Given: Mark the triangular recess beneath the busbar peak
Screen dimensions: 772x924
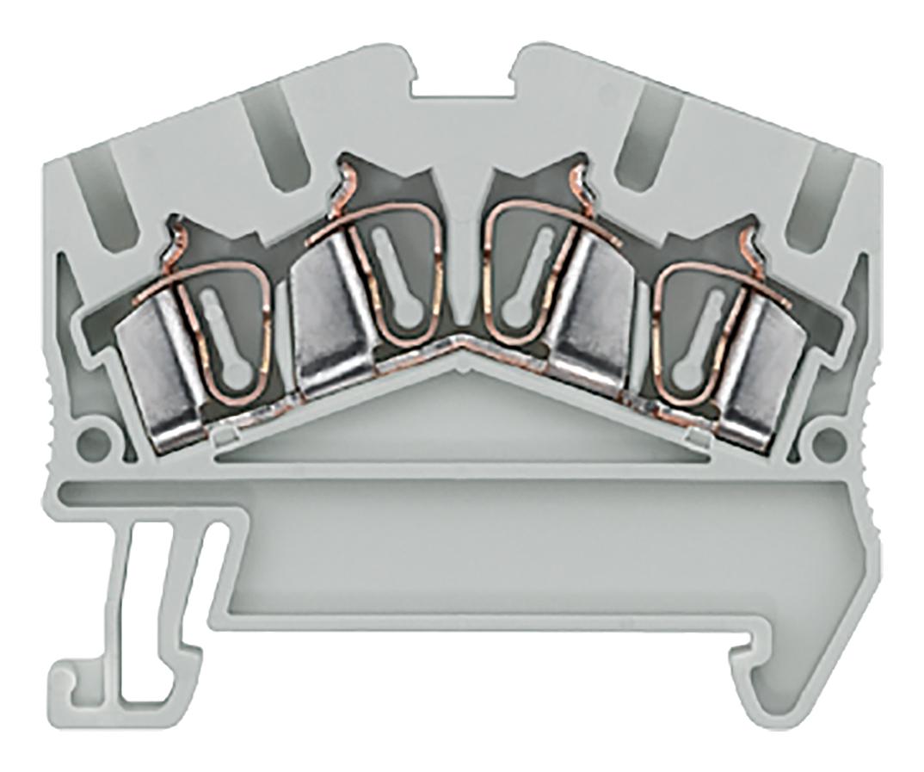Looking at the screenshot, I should pyautogui.click(x=461, y=413).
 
